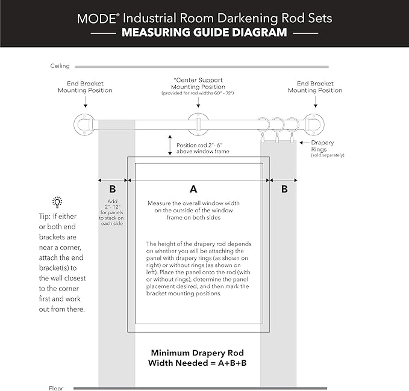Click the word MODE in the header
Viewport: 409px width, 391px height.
(x=94, y=17)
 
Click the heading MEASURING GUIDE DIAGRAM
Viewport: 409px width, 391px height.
(x=204, y=32)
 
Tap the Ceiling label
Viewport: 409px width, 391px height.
(x=60, y=66)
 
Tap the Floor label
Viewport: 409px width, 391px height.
(x=55, y=388)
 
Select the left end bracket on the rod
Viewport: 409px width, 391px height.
(x=83, y=124)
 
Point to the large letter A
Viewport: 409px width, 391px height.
(x=193, y=189)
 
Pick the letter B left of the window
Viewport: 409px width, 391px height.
(x=113, y=189)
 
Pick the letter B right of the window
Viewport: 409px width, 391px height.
(x=284, y=189)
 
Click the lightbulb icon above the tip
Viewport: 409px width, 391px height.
(x=57, y=202)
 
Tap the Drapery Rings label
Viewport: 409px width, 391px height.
(x=322, y=146)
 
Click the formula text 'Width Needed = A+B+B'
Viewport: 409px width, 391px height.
(x=197, y=363)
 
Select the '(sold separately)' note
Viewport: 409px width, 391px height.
(x=328, y=156)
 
